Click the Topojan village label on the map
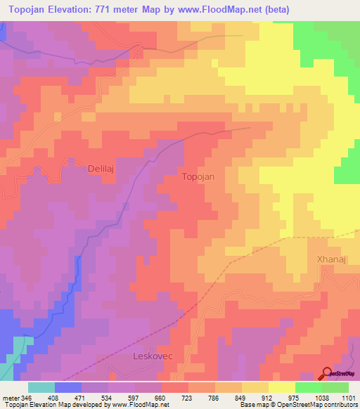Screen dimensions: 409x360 click(203, 177)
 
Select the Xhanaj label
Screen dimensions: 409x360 click(328, 260)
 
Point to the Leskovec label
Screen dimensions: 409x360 click(153, 356)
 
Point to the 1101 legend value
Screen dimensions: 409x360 click(349, 397)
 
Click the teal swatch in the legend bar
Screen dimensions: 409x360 click(41, 387)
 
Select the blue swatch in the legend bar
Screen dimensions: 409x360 click(68, 387)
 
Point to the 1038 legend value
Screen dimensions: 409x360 click(323, 397)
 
